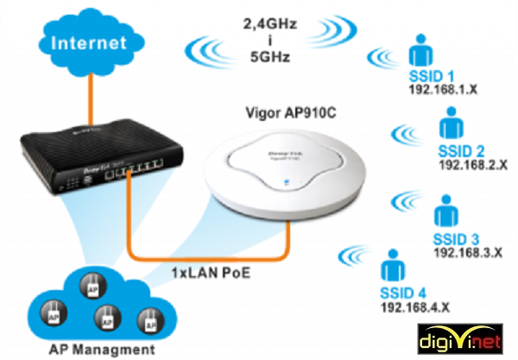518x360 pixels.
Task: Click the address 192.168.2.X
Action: pos(472,163)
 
